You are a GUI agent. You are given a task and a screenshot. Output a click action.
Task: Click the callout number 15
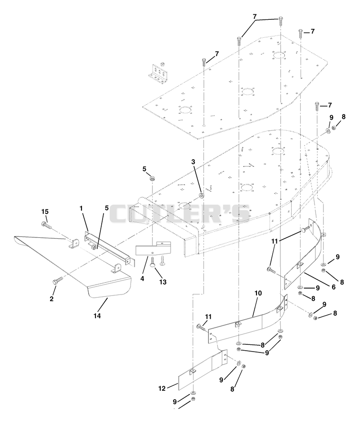[x=45, y=212]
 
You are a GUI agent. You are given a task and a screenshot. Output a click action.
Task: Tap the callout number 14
[x=97, y=316]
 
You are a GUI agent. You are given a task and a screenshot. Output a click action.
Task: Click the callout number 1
[x=81, y=208]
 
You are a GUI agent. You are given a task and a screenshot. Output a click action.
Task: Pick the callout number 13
[x=163, y=282]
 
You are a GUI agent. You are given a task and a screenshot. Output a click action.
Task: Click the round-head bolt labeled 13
[x=153, y=262]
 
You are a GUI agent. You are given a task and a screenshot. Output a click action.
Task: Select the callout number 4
[x=142, y=279]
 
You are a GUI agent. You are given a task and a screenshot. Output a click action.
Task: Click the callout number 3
[x=193, y=162]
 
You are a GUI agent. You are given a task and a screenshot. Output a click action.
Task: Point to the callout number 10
[x=258, y=293]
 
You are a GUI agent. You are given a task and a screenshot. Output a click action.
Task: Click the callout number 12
[x=162, y=388]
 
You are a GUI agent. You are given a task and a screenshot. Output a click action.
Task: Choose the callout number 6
[x=333, y=287]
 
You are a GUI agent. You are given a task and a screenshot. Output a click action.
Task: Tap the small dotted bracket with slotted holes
[x=158, y=72]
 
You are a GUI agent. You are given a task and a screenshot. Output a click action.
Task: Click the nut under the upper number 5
[x=151, y=179]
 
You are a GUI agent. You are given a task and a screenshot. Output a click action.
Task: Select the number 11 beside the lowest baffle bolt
[x=208, y=317]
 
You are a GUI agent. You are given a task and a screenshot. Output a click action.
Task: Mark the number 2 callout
[x=52, y=299]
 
